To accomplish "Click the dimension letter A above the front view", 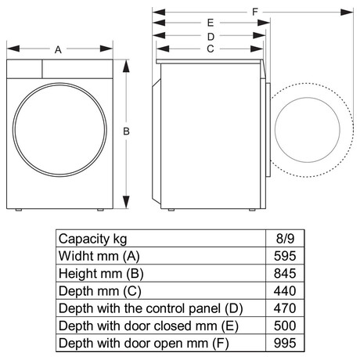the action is click(58, 49).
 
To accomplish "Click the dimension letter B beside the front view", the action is click(126, 131).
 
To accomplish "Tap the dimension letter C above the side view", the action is click(211, 49).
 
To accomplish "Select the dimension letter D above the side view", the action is click(211, 37).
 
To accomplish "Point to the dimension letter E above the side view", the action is click(211, 23).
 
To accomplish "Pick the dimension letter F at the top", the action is click(255, 12).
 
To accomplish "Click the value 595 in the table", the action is click(285, 256).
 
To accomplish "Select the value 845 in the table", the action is click(285, 273).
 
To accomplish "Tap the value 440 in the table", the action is click(285, 291).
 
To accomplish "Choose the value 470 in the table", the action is click(285, 308).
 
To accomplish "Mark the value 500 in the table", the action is click(285, 326).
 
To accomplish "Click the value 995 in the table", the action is click(285, 344).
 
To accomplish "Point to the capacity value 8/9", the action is click(285, 239).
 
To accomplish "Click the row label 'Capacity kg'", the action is click(92, 239).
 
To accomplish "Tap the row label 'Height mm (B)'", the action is click(101, 274).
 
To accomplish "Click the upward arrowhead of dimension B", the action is click(126, 67).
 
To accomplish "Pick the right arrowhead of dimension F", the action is click(347, 12).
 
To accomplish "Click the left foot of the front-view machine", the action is click(18, 210).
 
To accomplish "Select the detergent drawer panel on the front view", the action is click(24, 69).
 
